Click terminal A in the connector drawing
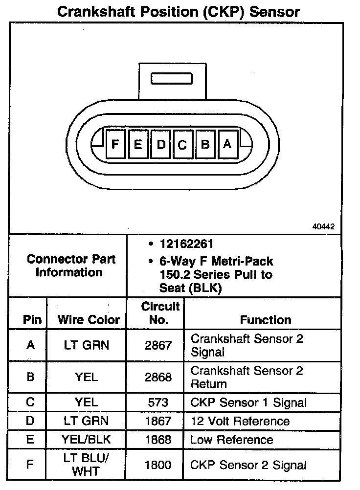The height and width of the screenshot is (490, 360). tap(227, 144)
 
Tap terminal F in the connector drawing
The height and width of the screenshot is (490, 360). tap(115, 144)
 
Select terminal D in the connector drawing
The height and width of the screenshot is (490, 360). tap(161, 144)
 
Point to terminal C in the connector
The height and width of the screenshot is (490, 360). tap(182, 144)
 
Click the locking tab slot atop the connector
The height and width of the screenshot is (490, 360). tap(171, 79)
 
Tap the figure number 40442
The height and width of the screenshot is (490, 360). tap(323, 226)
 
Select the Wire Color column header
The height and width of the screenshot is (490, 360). tap(89, 320)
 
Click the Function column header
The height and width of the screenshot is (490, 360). tap(266, 320)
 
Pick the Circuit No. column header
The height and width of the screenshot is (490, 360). tap(160, 313)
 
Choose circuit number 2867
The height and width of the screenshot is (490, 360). tap(158, 345)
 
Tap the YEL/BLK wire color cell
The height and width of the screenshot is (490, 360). tap(87, 439)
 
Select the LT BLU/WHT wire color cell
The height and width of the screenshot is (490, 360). tap(87, 465)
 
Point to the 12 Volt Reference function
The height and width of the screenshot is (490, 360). tap(240, 421)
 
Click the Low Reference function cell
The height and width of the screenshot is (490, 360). tap(231, 440)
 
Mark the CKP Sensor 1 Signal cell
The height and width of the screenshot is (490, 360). tap(248, 403)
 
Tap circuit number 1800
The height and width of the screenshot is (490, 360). tap(158, 465)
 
